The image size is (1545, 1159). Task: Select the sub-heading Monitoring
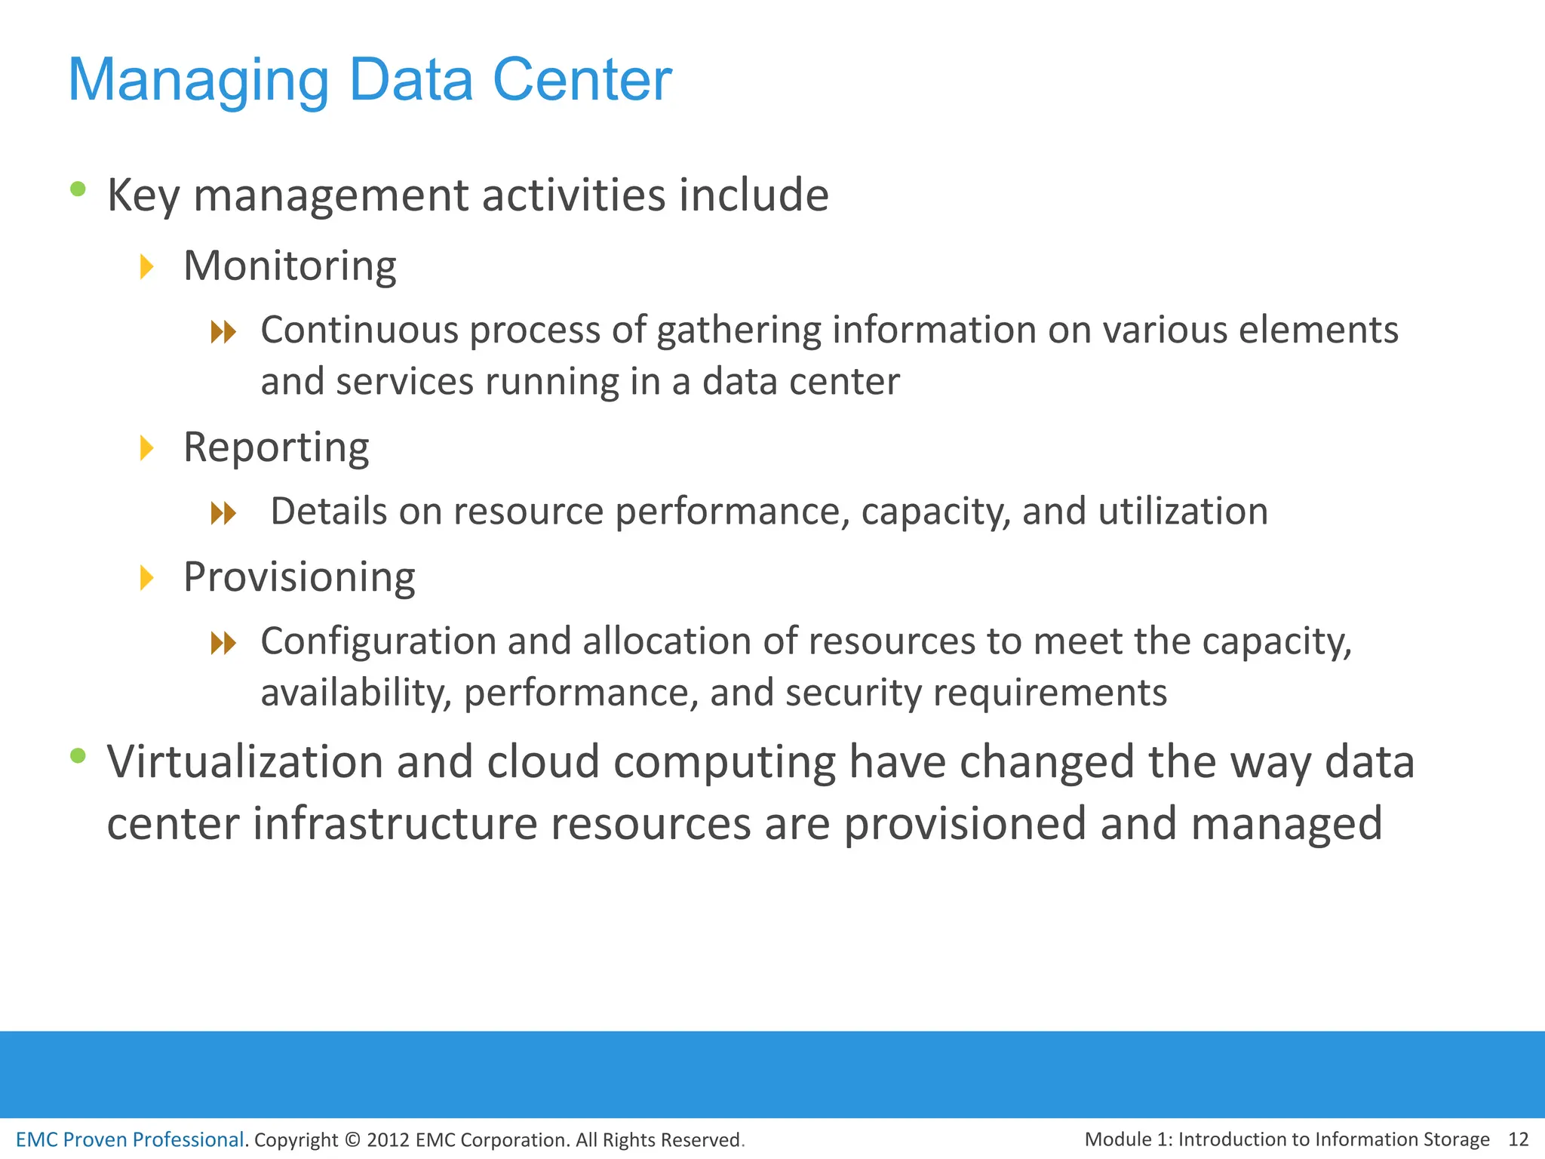[290, 266]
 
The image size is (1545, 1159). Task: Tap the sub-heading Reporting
[276, 447]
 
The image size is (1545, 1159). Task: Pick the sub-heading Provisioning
[299, 577]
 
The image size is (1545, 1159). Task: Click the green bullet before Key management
[78, 189]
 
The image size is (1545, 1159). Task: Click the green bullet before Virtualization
[78, 755]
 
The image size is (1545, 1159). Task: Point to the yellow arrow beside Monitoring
[147, 266]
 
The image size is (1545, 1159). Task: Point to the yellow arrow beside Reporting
[147, 448]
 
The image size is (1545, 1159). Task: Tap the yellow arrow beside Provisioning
[147, 578]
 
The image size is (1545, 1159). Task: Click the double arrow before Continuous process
[223, 331]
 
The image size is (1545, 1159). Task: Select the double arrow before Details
[223, 514]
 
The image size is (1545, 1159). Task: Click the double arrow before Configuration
[223, 643]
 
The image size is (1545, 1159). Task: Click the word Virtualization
[245, 761]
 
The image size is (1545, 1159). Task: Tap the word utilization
[1183, 512]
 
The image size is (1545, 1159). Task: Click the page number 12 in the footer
[1518, 1139]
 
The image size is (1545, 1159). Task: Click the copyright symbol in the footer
[352, 1140]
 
